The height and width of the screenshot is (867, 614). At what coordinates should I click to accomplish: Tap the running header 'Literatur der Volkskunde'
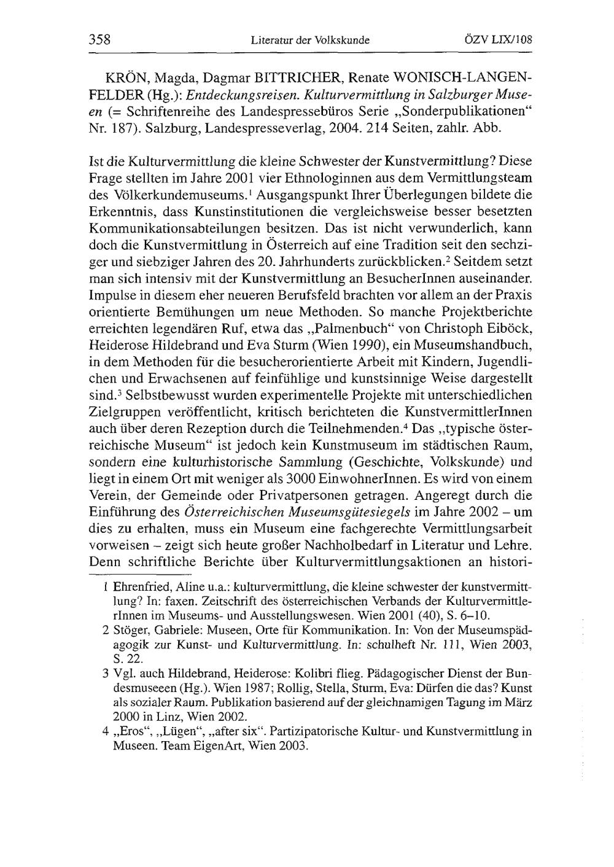click(310, 41)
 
